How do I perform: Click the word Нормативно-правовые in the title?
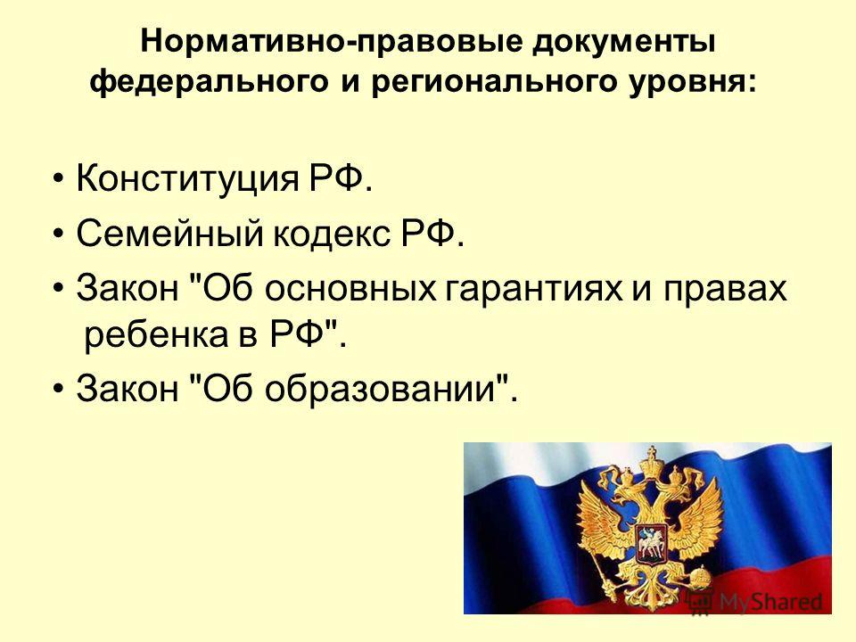click(x=333, y=42)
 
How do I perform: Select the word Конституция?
click(x=188, y=178)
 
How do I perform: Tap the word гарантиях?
click(x=534, y=288)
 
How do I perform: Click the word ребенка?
click(x=155, y=333)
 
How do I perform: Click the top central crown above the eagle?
click(x=650, y=464)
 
